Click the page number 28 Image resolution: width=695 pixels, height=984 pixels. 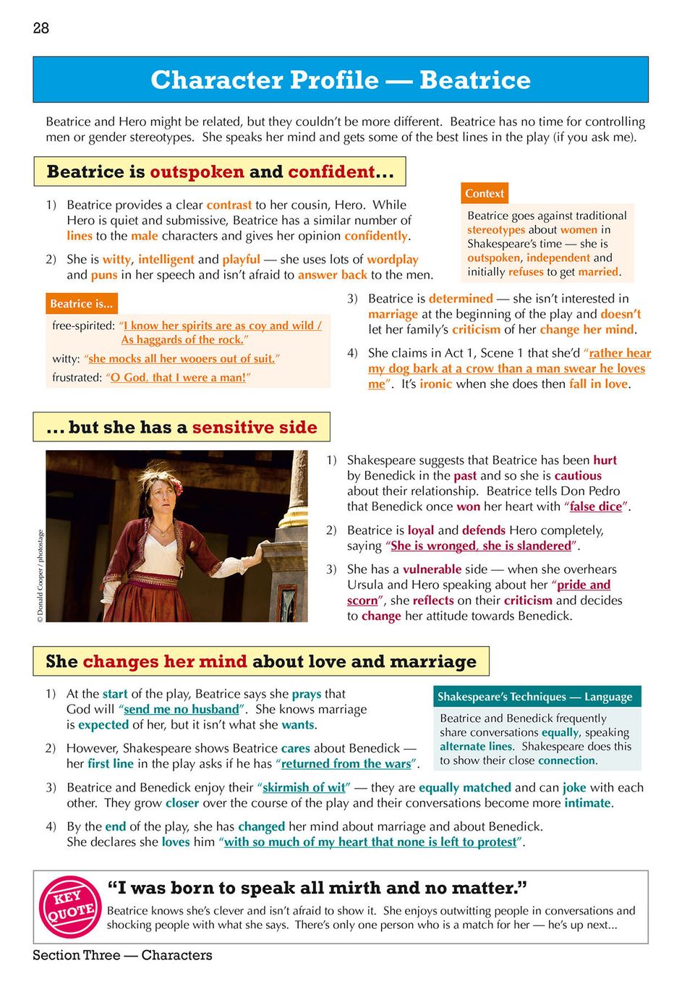pos(41,28)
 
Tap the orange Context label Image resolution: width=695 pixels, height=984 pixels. pos(485,193)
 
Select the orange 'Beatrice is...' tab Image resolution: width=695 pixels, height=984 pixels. pos(81,304)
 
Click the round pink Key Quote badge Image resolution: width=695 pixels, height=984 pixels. pos(69,907)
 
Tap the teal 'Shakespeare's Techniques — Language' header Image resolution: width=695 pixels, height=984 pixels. pos(535,697)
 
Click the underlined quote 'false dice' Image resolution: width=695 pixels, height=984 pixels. pos(595,506)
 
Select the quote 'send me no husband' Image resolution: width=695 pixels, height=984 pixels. pos(181,709)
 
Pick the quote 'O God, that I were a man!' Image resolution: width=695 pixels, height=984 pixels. pos(178,378)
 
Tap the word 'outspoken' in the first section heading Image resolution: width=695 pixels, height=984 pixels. pos(197,172)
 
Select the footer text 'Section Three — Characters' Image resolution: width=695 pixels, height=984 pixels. pos(122,955)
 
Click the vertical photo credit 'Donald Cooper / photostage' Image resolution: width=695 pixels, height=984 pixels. pos(40,576)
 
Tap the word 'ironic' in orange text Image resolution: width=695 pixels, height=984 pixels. pos(435,384)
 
